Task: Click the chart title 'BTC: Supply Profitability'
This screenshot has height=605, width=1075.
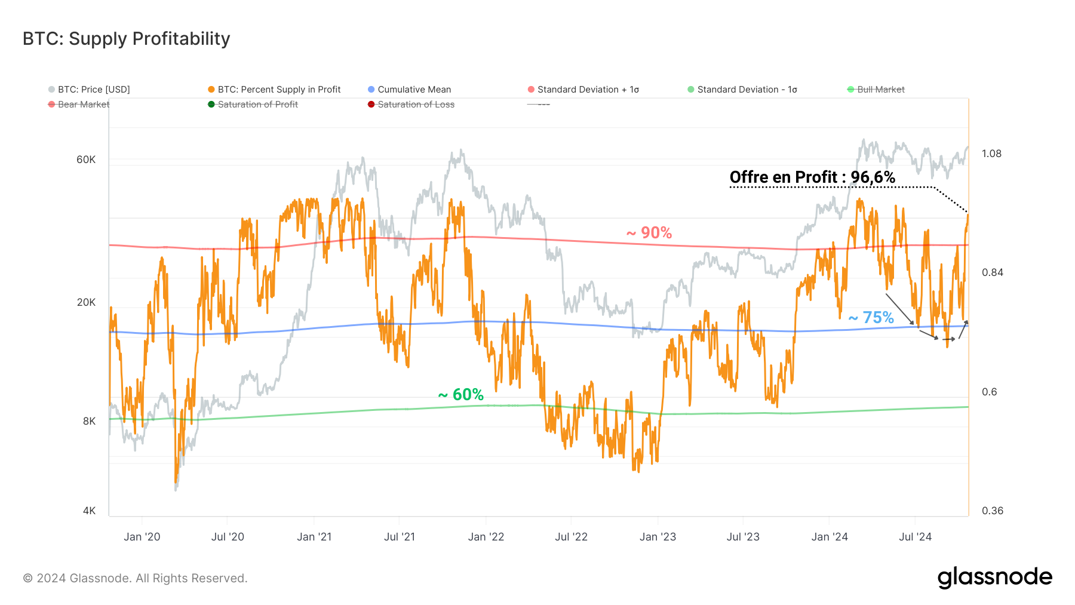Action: pos(126,39)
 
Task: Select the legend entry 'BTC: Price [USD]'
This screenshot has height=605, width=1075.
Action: pos(93,90)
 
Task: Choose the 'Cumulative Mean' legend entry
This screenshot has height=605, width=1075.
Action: pos(414,90)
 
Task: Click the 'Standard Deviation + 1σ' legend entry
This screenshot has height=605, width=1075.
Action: pos(588,90)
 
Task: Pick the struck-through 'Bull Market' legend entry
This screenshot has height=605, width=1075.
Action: pos(880,90)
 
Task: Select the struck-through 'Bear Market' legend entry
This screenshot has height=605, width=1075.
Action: pos(83,105)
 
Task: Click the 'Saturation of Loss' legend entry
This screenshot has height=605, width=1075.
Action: pos(416,105)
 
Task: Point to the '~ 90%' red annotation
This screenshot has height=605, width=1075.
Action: pos(649,233)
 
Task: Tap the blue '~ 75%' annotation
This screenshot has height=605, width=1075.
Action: pos(871,318)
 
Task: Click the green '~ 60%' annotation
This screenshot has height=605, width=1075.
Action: pos(460,395)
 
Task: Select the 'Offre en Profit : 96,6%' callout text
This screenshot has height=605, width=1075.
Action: pos(812,177)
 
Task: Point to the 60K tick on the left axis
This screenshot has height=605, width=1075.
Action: pos(86,159)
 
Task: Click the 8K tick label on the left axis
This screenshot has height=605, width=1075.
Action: pos(89,421)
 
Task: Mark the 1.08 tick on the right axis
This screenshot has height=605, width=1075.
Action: pos(991,153)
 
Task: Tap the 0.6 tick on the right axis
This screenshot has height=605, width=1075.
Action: pos(989,392)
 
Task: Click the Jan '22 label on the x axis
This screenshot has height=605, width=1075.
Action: pos(486,537)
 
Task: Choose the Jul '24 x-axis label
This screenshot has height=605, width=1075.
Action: pos(915,537)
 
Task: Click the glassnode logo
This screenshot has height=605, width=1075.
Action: pos(994,578)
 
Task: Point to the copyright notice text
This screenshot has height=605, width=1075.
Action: pos(135,578)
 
